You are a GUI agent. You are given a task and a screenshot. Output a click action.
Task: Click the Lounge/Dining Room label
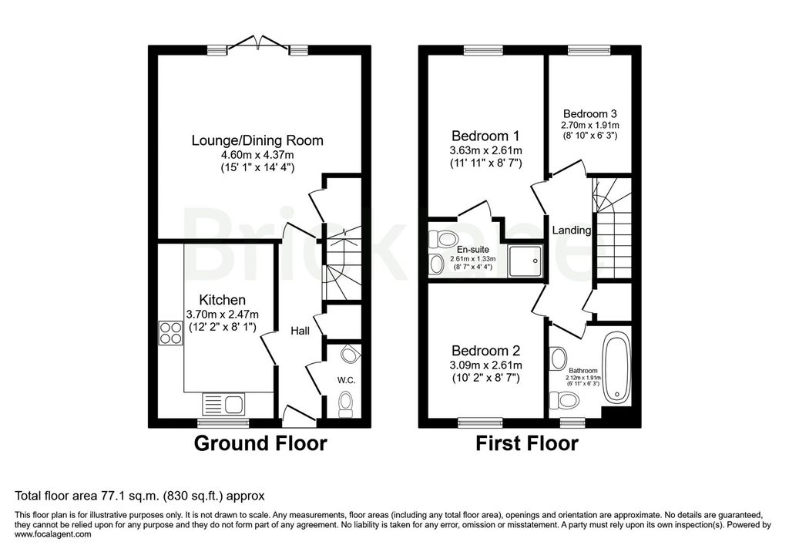257,140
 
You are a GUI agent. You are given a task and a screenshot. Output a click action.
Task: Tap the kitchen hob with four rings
170,333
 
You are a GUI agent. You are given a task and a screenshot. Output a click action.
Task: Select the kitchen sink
223,405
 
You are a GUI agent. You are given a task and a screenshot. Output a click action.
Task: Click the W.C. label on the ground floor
346,380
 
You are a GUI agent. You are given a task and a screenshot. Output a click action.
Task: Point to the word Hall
300,331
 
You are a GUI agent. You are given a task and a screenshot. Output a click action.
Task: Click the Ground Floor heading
260,443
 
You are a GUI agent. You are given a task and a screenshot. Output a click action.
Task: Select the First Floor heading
527,443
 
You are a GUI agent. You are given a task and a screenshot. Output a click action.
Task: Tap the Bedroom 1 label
485,136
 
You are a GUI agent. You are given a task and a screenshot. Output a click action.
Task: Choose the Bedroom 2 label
485,351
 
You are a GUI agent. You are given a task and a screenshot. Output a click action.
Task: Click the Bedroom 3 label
589,114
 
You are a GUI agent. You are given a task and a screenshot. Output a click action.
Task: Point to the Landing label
571,231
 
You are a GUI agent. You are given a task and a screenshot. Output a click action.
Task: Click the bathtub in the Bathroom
616,370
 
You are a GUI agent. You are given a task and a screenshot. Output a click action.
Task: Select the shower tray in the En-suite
525,261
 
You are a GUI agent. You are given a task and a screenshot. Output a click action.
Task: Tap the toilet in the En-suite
442,237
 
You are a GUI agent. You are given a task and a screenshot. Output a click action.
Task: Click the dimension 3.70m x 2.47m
223,315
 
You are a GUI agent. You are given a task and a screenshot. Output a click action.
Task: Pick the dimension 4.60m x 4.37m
257,156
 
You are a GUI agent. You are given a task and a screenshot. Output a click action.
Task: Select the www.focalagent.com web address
53,534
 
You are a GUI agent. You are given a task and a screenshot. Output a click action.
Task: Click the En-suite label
472,250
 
